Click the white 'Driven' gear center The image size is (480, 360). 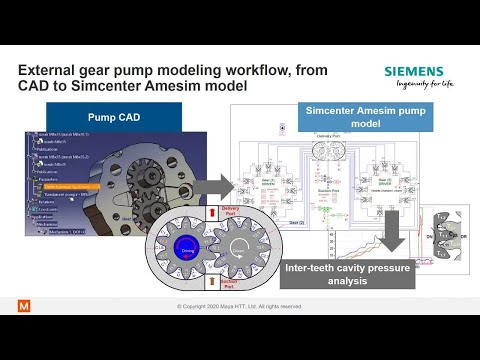[240, 251]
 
